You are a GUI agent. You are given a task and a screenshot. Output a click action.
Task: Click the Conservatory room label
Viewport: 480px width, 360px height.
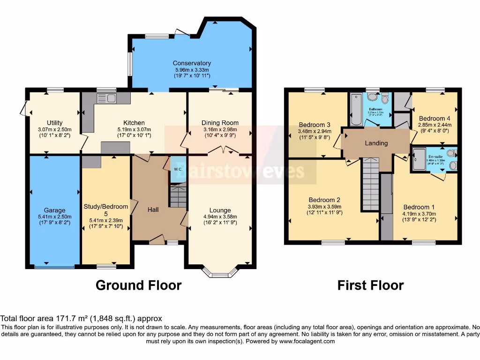[192, 63]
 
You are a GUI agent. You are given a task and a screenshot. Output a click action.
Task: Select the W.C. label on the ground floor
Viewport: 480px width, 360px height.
[178, 169]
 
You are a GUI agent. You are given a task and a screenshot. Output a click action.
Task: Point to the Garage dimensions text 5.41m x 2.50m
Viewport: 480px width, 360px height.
[55, 217]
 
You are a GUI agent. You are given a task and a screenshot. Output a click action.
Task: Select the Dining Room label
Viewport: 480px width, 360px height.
[220, 123]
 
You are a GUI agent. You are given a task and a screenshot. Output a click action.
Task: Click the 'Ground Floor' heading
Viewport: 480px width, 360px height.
[138, 285]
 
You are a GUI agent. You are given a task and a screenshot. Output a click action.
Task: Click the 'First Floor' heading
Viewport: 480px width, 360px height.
[370, 285]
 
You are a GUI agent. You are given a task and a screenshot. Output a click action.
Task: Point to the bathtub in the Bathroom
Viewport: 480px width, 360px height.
[354, 109]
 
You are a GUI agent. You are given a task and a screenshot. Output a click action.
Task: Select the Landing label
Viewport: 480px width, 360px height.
[376, 143]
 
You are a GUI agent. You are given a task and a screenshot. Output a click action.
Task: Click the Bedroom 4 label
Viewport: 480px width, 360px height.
[435, 119]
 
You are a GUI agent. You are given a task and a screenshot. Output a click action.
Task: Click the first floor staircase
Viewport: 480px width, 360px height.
[370, 185]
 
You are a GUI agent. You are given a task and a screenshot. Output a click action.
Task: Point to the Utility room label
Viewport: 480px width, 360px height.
[55, 123]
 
